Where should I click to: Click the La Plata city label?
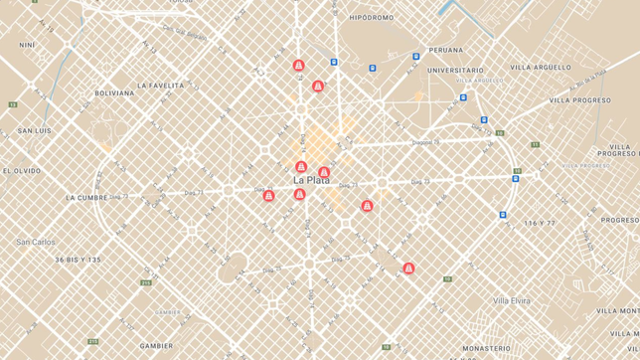(x=311, y=180)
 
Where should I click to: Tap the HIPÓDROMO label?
(x=372, y=18)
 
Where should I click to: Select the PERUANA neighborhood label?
(x=445, y=50)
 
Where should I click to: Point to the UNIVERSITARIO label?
(x=455, y=71)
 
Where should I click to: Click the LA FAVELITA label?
(x=160, y=86)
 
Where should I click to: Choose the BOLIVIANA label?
(x=114, y=93)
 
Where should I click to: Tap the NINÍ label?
(x=27, y=45)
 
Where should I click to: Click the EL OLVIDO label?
(x=21, y=171)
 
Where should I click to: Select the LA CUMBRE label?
(x=85, y=198)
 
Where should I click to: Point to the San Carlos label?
(x=36, y=242)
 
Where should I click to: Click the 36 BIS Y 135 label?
(x=78, y=260)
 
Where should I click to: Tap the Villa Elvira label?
(x=512, y=300)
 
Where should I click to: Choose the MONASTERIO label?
(x=486, y=349)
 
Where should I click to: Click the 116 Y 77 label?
(x=540, y=223)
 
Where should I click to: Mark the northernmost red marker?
(x=298, y=66)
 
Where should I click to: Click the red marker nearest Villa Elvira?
(x=408, y=269)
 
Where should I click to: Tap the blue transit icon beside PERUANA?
(x=416, y=57)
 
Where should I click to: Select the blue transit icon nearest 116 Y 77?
(x=503, y=214)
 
